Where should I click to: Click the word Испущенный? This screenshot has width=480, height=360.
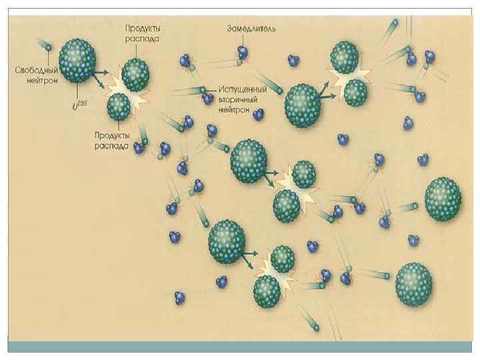pos(243,89)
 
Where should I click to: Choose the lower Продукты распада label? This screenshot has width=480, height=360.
pos(110,142)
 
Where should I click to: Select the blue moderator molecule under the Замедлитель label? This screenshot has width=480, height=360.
pos(243,51)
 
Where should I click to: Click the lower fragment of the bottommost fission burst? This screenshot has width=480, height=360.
pos(267,290)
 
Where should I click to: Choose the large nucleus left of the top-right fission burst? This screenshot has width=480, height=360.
pos(303,103)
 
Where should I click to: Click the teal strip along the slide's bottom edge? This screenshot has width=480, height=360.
pos(240,347)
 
